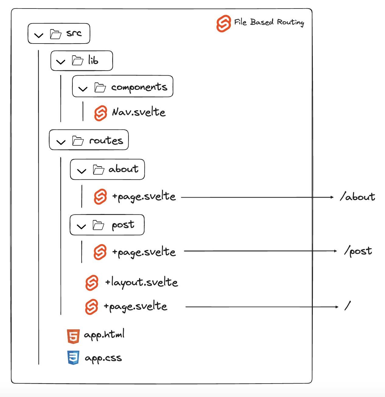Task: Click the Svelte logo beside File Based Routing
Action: click(x=224, y=23)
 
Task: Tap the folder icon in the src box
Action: click(x=55, y=34)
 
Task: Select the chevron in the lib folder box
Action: click(x=61, y=62)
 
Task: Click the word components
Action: click(x=139, y=87)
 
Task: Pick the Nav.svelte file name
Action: click(x=139, y=112)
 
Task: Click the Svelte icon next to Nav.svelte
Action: click(x=101, y=113)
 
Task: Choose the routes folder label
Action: click(x=106, y=140)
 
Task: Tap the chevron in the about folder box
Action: click(x=82, y=171)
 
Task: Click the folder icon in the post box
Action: click(x=98, y=225)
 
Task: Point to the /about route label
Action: click(x=357, y=197)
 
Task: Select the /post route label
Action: click(x=358, y=251)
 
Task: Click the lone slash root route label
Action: click(x=348, y=305)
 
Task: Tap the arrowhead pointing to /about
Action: click(x=332, y=197)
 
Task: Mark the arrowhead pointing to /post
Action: click(x=335, y=251)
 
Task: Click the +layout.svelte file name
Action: click(x=141, y=283)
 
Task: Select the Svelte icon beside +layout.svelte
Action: click(x=92, y=283)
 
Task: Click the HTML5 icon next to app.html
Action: click(x=73, y=336)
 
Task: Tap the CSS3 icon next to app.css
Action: click(x=73, y=358)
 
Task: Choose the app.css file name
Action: click(x=103, y=358)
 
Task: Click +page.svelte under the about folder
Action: click(x=144, y=197)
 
